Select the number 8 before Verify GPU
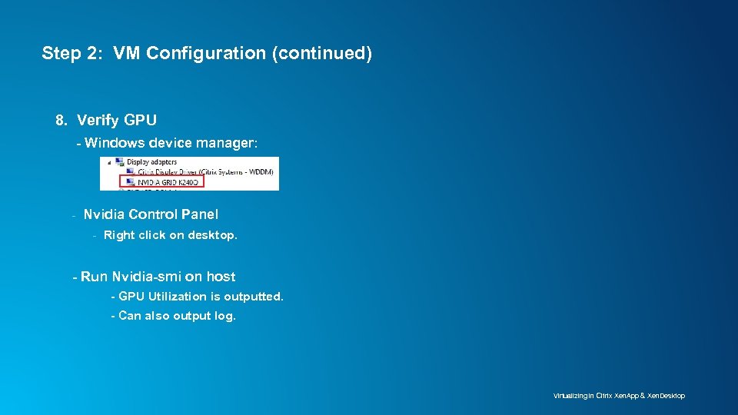tap(61, 120)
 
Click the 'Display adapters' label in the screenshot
tap(152, 162)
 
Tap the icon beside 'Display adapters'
tap(120, 162)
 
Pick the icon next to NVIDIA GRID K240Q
tap(131, 182)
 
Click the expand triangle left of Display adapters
tap(108, 162)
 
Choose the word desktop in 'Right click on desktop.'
tap(212, 235)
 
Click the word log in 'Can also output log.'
tap(225, 316)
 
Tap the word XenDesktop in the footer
tap(666, 396)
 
